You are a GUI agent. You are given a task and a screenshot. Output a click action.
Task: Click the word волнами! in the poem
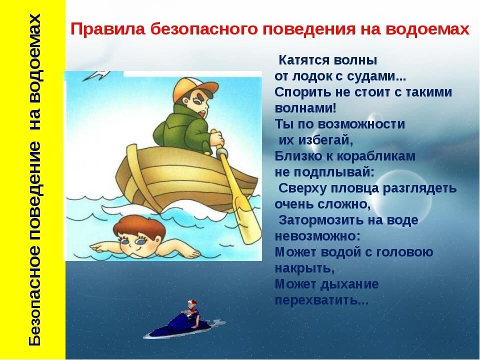[x=305, y=108]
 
